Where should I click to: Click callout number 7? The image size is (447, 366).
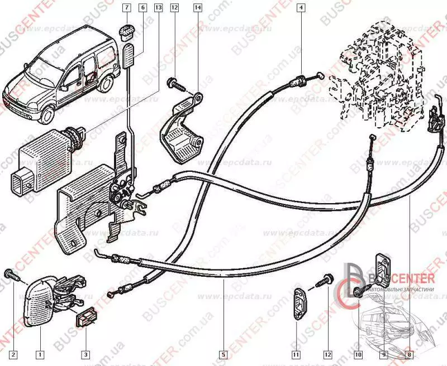(126, 7)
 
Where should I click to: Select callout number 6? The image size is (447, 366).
(142, 7)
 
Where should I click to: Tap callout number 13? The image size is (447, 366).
(158, 7)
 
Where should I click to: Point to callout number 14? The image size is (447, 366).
(198, 7)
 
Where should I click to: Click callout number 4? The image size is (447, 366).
(301, 7)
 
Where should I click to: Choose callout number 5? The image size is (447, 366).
(222, 354)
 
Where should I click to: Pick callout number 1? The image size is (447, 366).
(40, 354)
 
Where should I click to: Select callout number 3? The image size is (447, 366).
(85, 354)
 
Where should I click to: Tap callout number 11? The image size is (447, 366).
(295, 354)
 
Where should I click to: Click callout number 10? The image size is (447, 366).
(358, 354)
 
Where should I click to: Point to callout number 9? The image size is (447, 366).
(384, 354)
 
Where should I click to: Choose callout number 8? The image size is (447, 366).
(409, 354)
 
